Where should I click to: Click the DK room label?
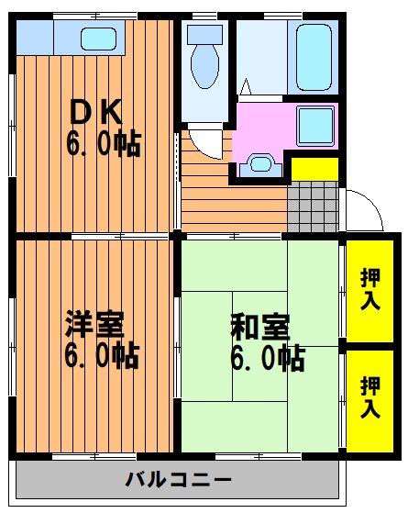pyautogui.click(x=95, y=112)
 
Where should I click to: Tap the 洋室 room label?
pyautogui.click(x=94, y=325)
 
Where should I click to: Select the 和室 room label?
pyautogui.click(x=260, y=327)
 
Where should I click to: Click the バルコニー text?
pyautogui.click(x=179, y=480)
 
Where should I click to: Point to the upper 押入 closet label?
pyautogui.click(x=370, y=289)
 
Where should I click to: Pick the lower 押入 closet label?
pyautogui.click(x=370, y=396)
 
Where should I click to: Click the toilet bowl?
pyautogui.click(x=205, y=67)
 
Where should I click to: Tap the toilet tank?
pyautogui.click(x=205, y=35)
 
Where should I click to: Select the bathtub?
pyautogui.click(x=314, y=57)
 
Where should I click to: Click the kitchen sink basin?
pyautogui.click(x=99, y=39)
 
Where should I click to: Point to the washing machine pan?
pyautogui.click(x=315, y=126)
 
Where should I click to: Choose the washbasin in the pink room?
pyautogui.click(x=261, y=165)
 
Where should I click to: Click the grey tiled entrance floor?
pyautogui.click(x=313, y=206)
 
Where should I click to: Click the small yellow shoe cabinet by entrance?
pyautogui.click(x=314, y=169)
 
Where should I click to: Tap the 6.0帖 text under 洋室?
pyautogui.click(x=102, y=356)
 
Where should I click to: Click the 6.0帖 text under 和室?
pyautogui.click(x=268, y=359)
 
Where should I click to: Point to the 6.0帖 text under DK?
pyautogui.click(x=104, y=144)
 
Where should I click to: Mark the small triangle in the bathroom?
pyautogui.click(x=246, y=86)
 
